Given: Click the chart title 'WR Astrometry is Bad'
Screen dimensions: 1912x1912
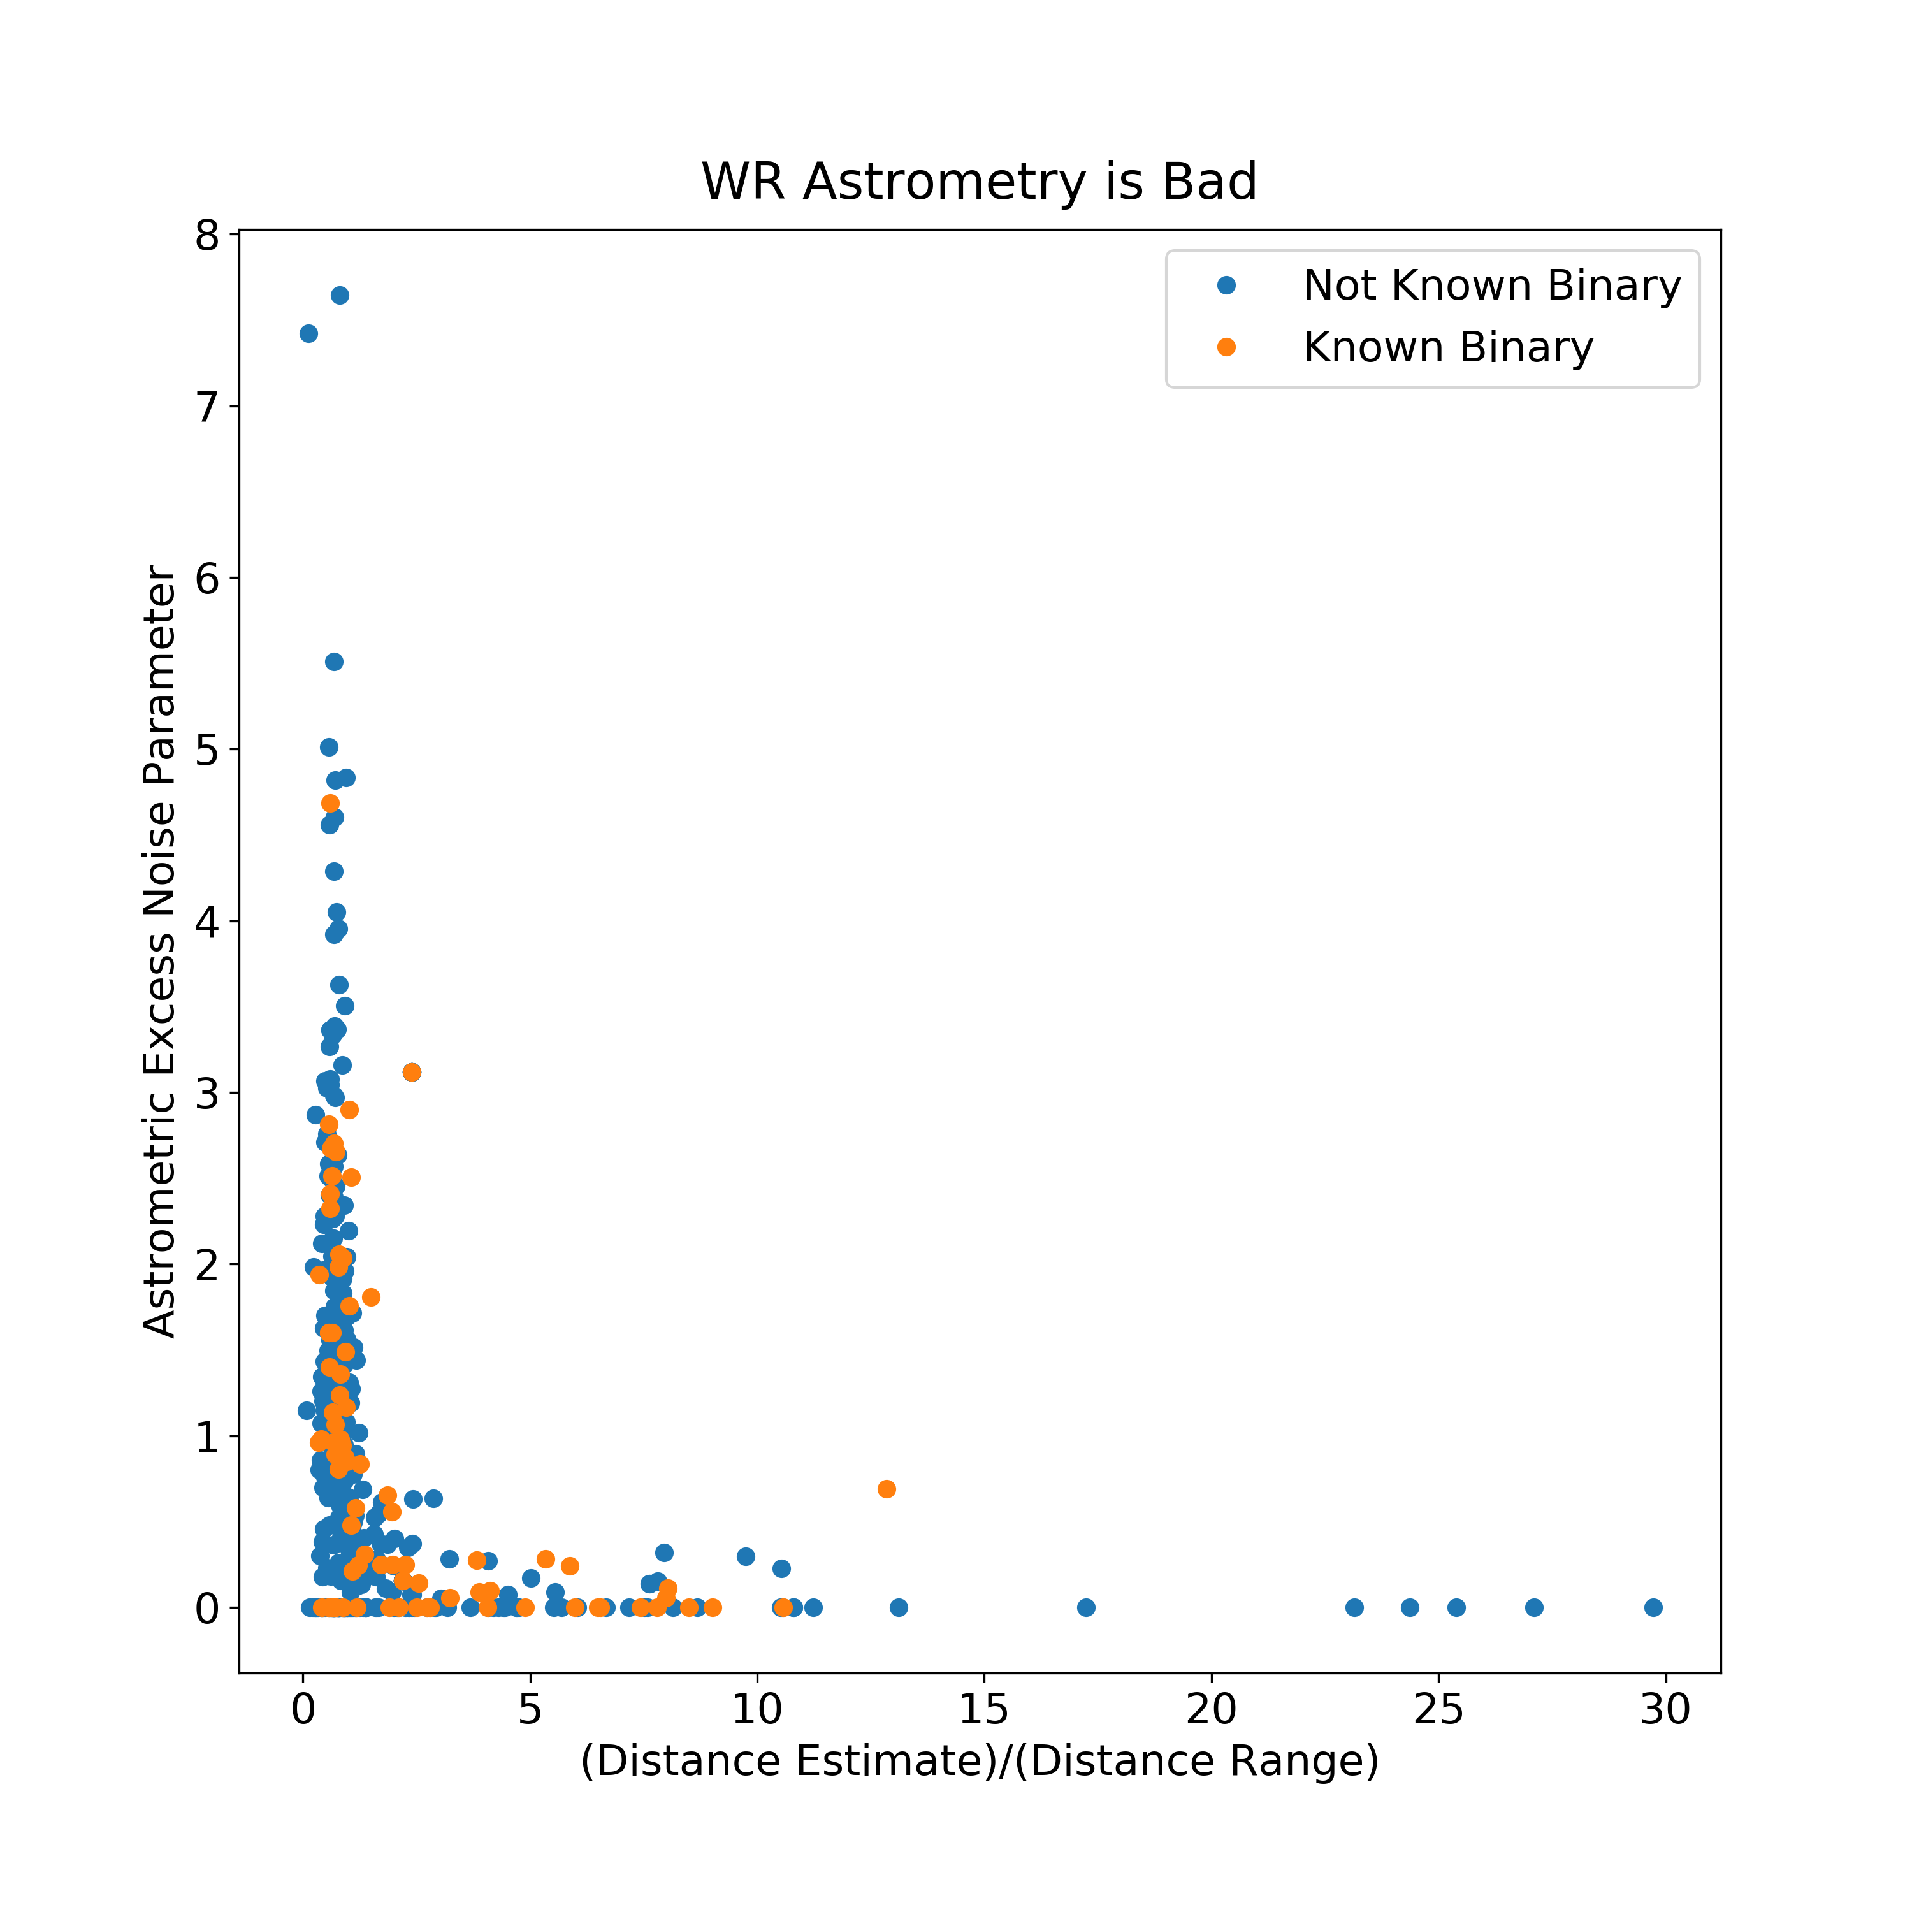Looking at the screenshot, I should click(x=979, y=182).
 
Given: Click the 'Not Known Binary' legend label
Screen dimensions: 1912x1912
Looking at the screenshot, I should click(x=1491, y=286).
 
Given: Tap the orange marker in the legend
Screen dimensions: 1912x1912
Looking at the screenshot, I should click(x=1226, y=346).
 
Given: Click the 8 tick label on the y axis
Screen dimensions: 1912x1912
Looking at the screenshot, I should click(x=208, y=236).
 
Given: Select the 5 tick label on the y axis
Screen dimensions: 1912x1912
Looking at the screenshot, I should click(x=208, y=750).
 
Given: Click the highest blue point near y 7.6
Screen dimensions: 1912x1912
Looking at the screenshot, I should click(x=340, y=295).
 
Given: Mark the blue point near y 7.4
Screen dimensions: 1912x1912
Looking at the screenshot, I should click(x=308, y=333).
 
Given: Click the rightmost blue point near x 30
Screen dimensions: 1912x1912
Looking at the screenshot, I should click(x=1653, y=1607).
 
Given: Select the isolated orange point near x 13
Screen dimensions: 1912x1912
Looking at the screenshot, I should click(x=887, y=1488).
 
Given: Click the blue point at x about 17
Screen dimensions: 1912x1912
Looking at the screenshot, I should click(x=1085, y=1607).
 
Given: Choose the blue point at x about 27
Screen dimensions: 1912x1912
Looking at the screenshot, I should click(x=1534, y=1607).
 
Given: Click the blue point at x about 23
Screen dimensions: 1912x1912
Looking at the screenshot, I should click(x=1355, y=1607).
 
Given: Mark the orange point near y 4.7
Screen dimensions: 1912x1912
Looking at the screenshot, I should click(x=331, y=802).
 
